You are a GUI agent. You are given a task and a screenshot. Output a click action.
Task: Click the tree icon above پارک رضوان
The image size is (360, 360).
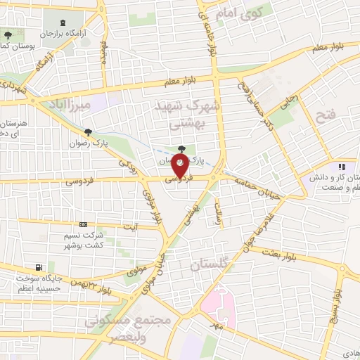[x=88, y=131]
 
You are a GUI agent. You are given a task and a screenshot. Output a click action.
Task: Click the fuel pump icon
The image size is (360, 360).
[x=37, y=267]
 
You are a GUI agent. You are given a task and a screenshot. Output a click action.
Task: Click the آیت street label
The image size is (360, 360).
[x=131, y=226]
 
